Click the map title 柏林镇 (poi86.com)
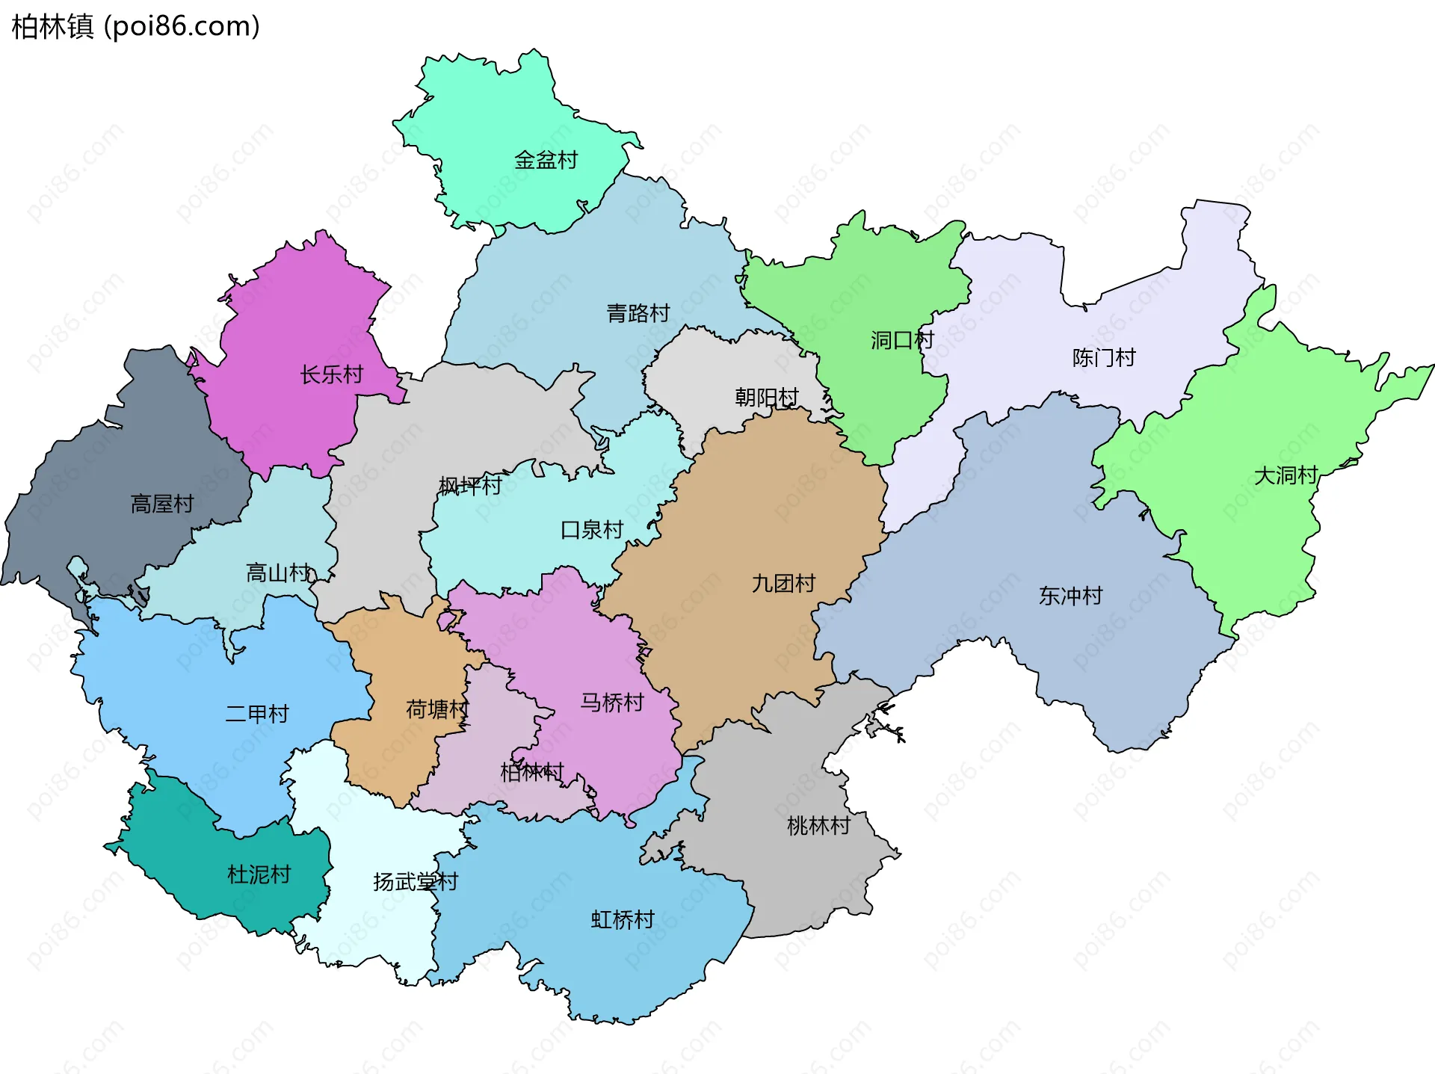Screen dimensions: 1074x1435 135,27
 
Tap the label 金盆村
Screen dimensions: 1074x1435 546,160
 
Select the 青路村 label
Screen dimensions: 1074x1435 638,313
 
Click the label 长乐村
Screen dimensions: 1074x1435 331,374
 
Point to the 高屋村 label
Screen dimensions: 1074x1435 162,504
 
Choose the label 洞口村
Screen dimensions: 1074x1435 901,340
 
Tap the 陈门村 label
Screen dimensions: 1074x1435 1103,358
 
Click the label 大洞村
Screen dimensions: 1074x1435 1285,475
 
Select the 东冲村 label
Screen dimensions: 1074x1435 1070,596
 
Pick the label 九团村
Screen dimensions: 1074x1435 783,583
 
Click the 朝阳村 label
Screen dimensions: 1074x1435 766,397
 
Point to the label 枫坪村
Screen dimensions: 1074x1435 469,486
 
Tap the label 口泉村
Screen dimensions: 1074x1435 591,530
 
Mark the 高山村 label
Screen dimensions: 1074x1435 277,573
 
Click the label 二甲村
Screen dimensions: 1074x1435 256,714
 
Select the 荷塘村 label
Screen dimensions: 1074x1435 436,709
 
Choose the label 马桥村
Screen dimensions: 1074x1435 611,703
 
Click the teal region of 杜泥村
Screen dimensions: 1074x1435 224,845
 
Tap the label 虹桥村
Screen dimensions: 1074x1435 622,919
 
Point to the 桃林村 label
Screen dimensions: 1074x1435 818,826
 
